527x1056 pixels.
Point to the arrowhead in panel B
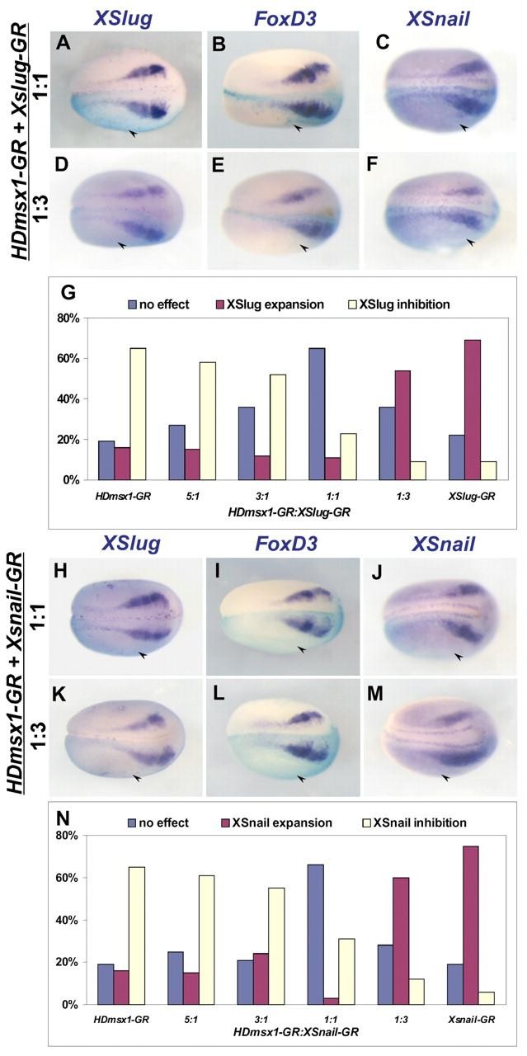point(297,128)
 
